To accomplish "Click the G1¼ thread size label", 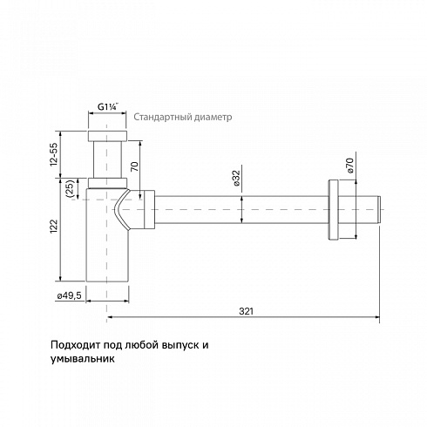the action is coord(107,107).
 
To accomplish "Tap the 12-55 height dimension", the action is coord(54,154).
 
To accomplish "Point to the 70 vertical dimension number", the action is coord(134,166).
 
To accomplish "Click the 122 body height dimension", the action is coord(54,227).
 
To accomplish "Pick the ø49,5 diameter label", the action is coord(70,296).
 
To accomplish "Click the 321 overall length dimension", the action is coord(246,311).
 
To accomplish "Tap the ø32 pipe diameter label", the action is coord(236,178).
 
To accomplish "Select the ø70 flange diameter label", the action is coord(349,166).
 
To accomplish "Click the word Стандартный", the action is coord(162,117).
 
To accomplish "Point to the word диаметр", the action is coord(213,117).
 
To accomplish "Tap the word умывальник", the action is coord(83,359).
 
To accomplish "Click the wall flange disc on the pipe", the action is coord(334,210).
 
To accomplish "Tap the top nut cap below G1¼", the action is coord(107,136).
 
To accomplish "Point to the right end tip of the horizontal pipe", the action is coord(380,210).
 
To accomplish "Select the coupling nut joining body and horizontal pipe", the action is coord(149,209).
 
